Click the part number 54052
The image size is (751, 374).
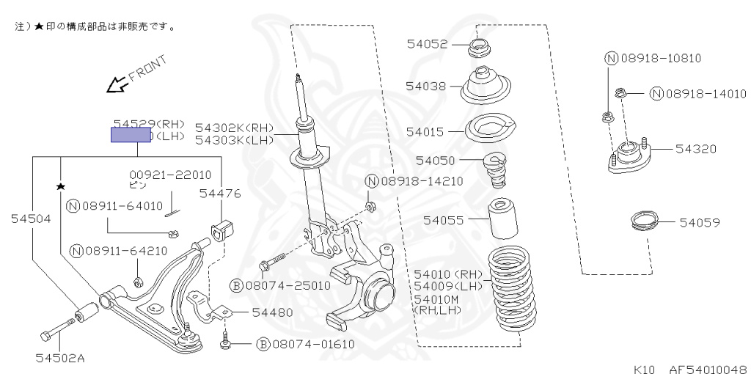(427, 44)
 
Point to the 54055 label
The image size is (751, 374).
(442, 219)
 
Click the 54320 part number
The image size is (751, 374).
(696, 149)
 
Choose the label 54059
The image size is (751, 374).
(699, 221)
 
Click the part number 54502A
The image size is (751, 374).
(60, 359)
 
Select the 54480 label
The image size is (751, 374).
(272, 312)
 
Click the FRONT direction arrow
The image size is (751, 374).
(116, 85)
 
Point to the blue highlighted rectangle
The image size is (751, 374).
(131, 135)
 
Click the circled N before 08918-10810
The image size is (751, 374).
(611, 59)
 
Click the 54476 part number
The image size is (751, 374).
(220, 193)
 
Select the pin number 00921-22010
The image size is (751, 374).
(170, 175)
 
